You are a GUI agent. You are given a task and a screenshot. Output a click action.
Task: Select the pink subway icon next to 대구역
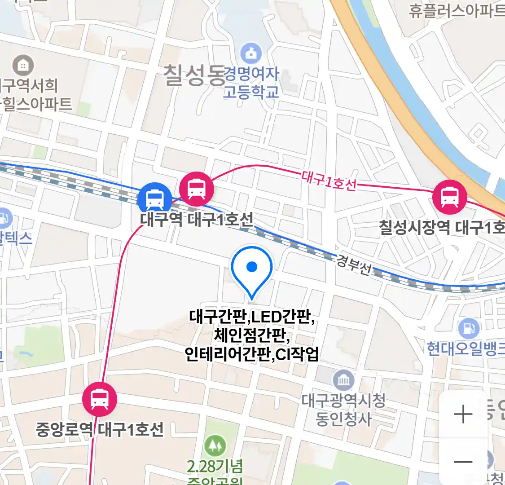[196, 189]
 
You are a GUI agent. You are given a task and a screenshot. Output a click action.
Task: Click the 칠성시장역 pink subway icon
[449, 197]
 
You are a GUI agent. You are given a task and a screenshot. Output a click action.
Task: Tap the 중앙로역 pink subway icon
[99, 399]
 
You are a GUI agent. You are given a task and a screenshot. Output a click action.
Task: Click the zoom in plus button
[463, 414]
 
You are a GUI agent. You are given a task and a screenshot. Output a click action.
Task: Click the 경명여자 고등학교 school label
[251, 83]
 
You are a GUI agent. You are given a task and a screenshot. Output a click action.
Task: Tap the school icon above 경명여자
[251, 53]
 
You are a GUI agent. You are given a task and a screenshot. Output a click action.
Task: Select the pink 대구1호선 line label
[329, 181]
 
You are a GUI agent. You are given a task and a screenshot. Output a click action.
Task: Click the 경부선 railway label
[355, 265]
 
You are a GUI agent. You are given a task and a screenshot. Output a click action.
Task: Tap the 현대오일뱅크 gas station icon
[469, 329]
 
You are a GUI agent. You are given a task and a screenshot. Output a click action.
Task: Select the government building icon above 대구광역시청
[343, 381]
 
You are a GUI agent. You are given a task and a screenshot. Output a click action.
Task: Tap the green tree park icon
[215, 445]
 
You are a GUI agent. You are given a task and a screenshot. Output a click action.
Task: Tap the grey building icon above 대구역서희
[22, 66]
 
